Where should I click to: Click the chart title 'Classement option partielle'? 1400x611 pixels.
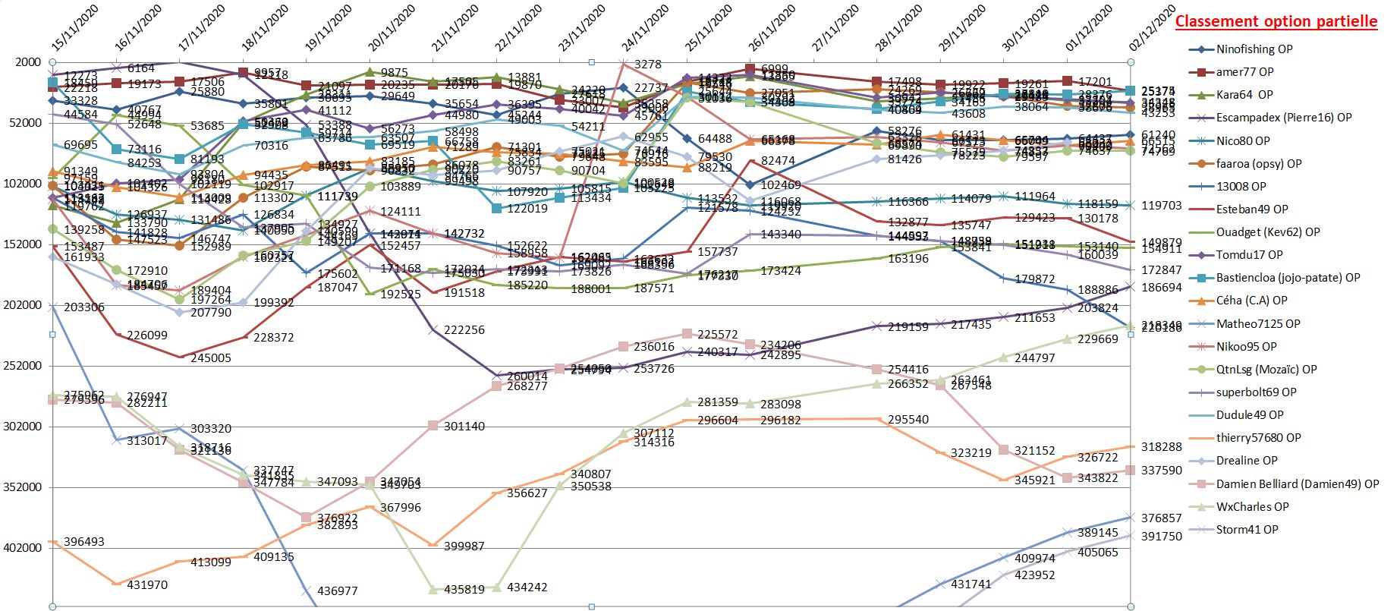pos(1276,22)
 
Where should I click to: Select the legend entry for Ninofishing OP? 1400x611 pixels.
pos(1254,49)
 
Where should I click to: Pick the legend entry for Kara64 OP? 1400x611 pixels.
pos(1244,95)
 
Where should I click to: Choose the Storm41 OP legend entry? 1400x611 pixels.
pos(1247,530)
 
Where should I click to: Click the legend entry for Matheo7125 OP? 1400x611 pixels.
pos(1257,323)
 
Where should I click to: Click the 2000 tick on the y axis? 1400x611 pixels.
pos(28,62)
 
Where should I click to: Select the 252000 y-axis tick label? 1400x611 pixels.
pos(22,366)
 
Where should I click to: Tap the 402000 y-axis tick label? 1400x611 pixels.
pos(22,548)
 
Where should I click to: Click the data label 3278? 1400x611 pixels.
pos(648,65)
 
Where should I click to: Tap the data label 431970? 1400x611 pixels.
pos(147,585)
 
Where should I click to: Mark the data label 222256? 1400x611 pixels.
pos(464,330)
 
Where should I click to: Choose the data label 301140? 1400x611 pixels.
pos(464,427)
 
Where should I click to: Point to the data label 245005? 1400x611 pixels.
pos(210,358)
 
